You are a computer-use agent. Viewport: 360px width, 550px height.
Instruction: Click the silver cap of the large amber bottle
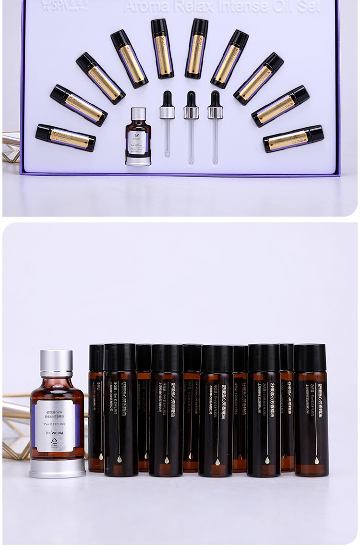click(x=56, y=363)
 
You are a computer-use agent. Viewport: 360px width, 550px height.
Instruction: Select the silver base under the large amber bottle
click(x=58, y=468)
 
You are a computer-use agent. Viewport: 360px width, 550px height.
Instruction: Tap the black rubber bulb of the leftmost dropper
click(x=167, y=99)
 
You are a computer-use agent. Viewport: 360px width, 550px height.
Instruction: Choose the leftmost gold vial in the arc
click(x=65, y=138)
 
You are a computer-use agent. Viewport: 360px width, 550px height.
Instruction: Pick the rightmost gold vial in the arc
click(x=293, y=139)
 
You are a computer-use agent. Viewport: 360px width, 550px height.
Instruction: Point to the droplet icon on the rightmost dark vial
click(x=317, y=461)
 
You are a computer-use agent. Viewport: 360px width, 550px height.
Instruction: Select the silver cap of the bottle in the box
click(x=138, y=114)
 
